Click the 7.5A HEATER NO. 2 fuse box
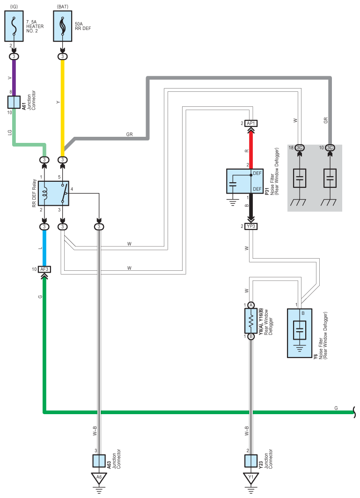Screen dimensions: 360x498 click(14, 26)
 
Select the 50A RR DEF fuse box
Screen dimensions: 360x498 click(63, 26)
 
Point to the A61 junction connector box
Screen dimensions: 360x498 click(14, 102)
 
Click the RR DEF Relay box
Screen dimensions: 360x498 click(53, 193)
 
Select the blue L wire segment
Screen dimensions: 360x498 click(44, 248)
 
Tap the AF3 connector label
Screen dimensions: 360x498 click(44, 269)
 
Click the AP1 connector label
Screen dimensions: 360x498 click(251, 123)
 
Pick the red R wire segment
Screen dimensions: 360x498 click(251, 149)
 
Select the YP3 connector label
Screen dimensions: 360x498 click(251, 226)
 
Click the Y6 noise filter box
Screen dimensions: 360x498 click(300, 333)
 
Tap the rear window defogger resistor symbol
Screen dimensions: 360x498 click(251, 321)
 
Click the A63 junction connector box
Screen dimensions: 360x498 click(99, 461)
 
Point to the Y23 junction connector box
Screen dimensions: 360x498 click(251, 461)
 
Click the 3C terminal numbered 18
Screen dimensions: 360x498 click(299, 148)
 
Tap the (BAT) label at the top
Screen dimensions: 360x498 click(63, 7)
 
